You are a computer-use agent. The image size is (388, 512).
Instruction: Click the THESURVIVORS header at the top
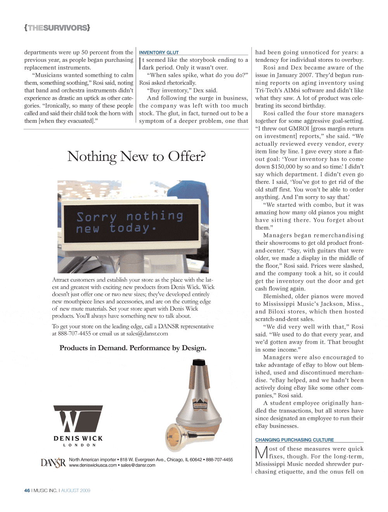57,28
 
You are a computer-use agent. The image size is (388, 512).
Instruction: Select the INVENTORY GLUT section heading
159,52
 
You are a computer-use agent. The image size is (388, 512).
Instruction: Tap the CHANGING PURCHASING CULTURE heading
294,440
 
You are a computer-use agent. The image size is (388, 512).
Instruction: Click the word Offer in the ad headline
187,157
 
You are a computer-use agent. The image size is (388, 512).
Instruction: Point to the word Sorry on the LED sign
96,217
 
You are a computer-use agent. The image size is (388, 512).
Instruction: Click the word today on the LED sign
130,228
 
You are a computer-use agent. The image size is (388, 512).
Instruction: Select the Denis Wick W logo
78,419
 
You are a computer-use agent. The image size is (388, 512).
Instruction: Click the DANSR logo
53,462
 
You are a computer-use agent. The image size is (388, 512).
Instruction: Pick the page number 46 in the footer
27,491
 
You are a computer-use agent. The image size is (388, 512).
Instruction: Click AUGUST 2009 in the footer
76,491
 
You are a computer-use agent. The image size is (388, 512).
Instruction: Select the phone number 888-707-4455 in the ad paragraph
74,333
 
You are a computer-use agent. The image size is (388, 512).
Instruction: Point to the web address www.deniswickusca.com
93,465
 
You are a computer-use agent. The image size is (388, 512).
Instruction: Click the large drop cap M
262,453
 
